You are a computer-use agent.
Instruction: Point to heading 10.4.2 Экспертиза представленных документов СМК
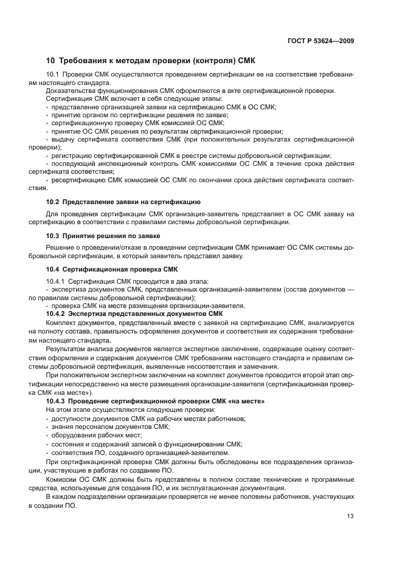pyautogui.click(x=134, y=313)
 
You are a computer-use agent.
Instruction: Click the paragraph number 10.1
pyautogui.click(x=53, y=74)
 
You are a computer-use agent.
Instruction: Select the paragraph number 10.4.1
pyautogui.click(x=56, y=281)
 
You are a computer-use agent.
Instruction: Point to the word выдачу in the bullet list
pyautogui.click(x=63, y=139)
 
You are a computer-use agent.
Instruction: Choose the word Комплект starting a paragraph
pyautogui.click(x=61, y=322)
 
